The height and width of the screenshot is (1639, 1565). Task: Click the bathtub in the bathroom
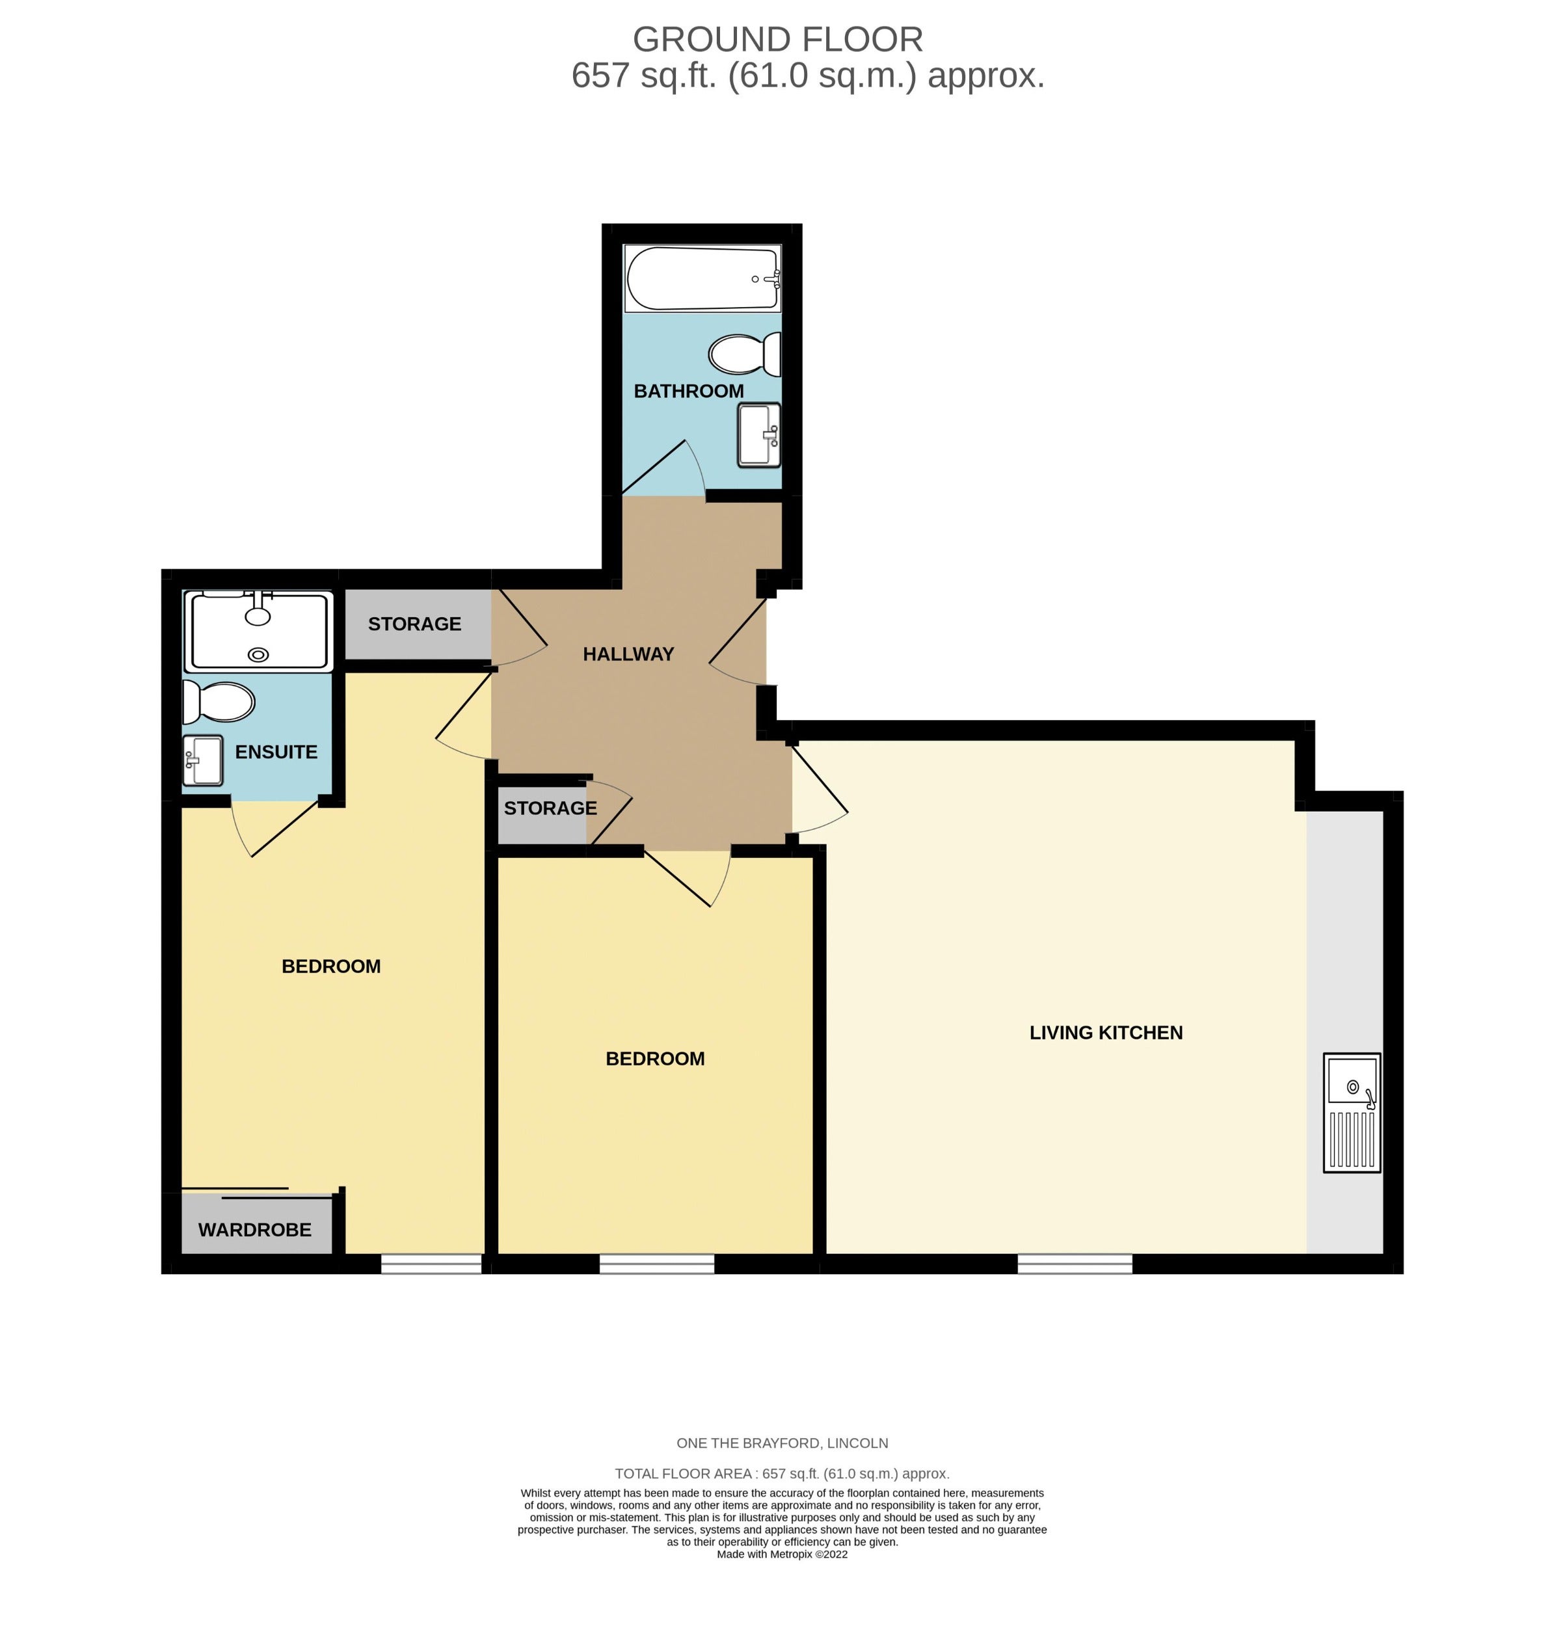pos(702,278)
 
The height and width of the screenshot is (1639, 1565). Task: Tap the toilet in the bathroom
pos(744,354)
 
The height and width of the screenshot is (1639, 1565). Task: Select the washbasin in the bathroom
pos(758,434)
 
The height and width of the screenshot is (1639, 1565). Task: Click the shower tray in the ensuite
pos(259,632)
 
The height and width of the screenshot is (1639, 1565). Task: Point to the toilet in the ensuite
pos(218,702)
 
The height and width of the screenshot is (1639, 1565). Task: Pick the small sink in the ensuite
pos(203,760)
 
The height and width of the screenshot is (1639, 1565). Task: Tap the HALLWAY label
pos(628,654)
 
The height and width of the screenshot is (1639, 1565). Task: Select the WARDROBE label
pos(254,1229)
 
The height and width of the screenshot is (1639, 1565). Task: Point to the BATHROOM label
pos(688,390)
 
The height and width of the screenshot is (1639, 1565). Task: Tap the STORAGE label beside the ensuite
pos(414,624)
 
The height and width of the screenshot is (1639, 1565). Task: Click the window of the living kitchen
pos(1075,1264)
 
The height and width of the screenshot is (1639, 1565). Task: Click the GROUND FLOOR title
pos(777,39)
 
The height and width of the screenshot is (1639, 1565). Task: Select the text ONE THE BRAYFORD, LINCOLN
pos(782,1443)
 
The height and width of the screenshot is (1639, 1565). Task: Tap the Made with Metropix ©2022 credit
pos(782,1554)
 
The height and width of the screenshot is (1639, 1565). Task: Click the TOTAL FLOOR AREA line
pos(782,1474)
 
